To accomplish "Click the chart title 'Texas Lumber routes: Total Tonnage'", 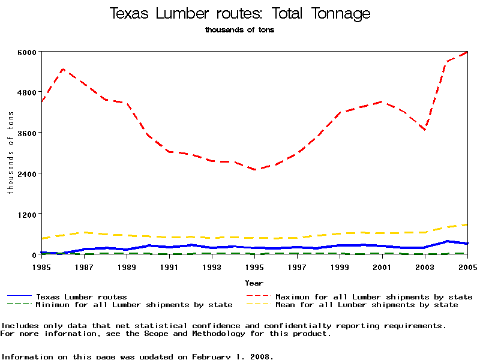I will [x=240, y=14].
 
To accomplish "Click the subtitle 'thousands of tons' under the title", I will [x=239, y=30].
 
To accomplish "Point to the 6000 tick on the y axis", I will [x=28, y=52].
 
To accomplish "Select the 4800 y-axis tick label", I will [x=28, y=92].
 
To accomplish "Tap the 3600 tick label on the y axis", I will [x=28, y=133].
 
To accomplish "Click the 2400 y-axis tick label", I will [x=28, y=174].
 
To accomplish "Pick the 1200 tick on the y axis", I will [x=28, y=214].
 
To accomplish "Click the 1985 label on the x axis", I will [x=41, y=266].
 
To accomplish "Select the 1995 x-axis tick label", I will [x=254, y=266].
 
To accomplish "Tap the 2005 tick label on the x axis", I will [x=467, y=266].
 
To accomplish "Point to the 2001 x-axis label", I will [x=382, y=266].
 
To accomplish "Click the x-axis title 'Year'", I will [x=254, y=283].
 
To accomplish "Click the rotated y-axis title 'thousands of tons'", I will [x=10, y=153].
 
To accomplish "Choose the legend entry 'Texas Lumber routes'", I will [x=81, y=297].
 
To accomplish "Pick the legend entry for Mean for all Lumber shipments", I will [x=366, y=305].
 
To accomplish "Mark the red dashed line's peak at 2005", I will [x=467, y=52].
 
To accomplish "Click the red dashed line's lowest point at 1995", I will [x=255, y=170].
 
